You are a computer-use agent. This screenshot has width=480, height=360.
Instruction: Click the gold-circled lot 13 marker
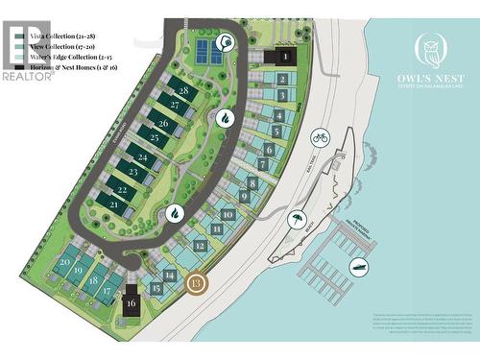(196, 283)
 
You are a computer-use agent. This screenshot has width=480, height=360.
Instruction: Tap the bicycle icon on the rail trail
(321, 138)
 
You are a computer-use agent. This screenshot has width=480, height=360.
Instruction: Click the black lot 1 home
(285, 57)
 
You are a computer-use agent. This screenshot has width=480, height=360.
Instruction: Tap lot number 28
(182, 90)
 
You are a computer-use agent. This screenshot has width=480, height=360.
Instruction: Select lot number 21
(114, 204)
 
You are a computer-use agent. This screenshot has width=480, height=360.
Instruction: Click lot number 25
(154, 138)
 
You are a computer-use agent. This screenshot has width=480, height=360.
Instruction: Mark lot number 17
(107, 290)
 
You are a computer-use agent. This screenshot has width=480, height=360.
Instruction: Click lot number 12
(199, 245)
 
